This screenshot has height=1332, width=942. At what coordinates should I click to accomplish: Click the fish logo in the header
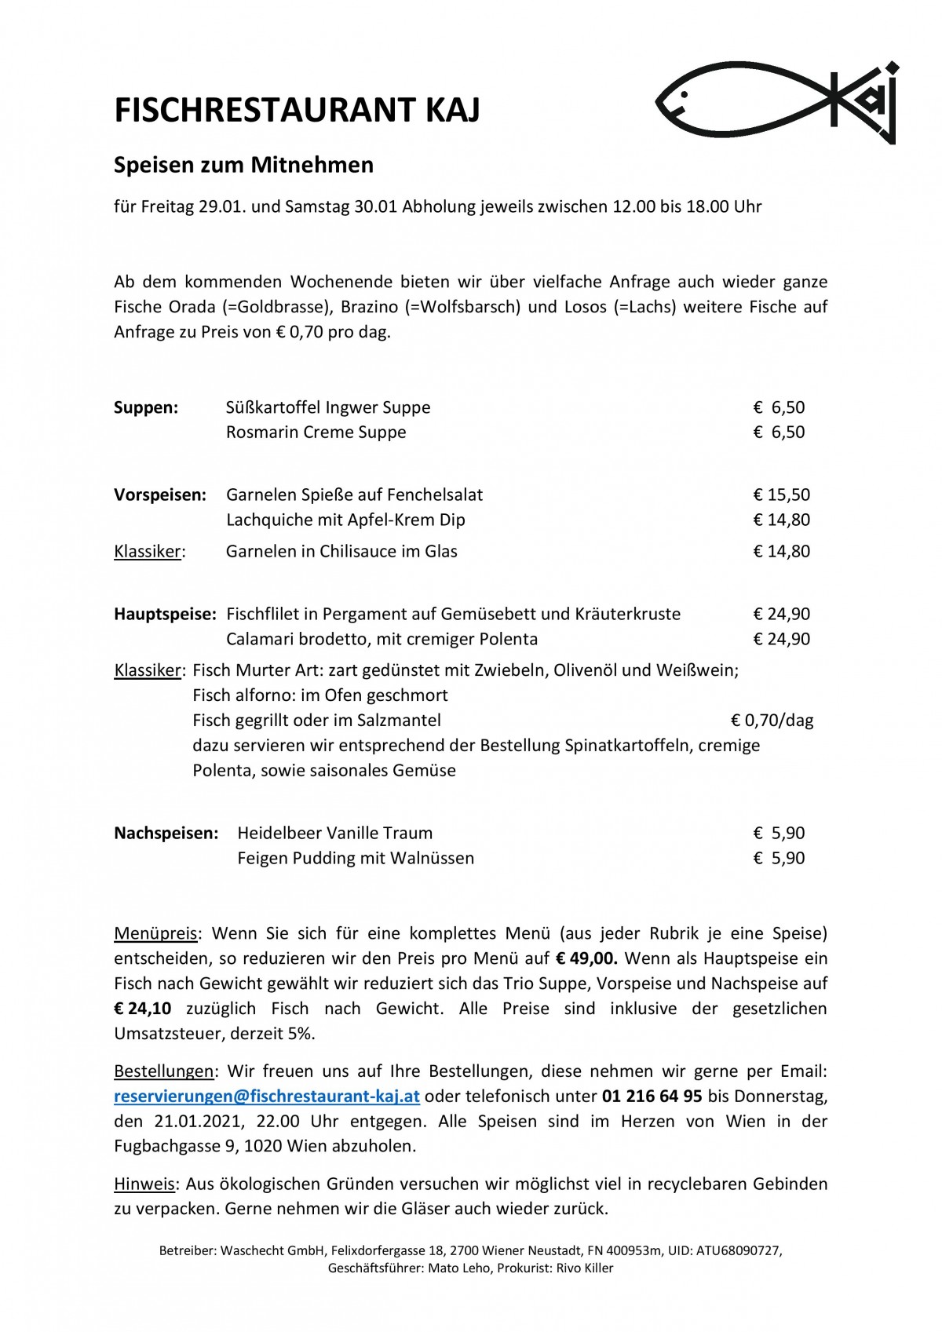[776, 103]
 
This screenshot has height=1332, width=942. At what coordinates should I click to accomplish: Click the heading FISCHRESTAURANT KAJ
[297, 111]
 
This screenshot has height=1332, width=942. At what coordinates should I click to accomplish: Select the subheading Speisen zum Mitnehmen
[243, 165]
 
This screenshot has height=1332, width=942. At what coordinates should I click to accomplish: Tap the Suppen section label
[146, 407]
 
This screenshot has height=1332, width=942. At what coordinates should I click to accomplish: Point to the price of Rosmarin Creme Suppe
[779, 432]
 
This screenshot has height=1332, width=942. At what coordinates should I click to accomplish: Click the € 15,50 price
[781, 494]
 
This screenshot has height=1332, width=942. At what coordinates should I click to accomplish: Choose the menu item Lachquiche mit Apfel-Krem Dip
[345, 520]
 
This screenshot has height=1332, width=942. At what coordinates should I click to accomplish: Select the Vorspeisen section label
[160, 494]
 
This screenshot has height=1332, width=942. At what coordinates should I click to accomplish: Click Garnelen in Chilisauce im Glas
[341, 551]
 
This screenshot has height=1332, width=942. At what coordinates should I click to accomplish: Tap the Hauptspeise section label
[165, 614]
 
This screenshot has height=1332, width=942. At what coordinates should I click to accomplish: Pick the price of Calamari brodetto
[781, 639]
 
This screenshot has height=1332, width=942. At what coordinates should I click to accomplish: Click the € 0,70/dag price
[772, 720]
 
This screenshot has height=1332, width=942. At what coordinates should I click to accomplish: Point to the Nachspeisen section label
[166, 833]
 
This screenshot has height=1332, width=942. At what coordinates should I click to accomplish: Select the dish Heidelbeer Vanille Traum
[335, 833]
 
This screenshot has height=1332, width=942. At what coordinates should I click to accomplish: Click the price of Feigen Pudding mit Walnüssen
[779, 858]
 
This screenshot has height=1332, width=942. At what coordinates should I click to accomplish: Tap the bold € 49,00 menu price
[586, 958]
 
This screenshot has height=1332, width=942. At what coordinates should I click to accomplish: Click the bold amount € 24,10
[143, 1009]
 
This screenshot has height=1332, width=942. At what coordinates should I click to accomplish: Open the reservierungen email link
[267, 1096]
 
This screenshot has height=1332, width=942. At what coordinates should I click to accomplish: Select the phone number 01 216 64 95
[652, 1096]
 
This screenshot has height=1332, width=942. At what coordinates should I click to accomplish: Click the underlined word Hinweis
[144, 1184]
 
